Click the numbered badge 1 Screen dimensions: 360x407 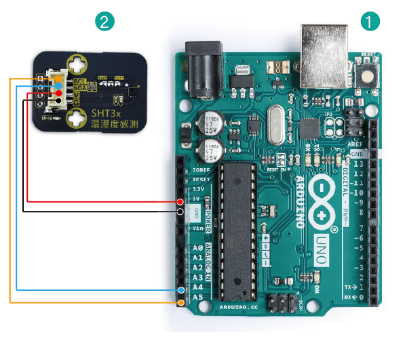coord(370,22)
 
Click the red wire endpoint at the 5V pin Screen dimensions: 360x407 coord(180,202)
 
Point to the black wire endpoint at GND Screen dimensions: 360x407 coord(180,212)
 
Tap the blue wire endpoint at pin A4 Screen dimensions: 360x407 coord(180,289)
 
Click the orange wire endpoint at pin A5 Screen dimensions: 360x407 coord(180,300)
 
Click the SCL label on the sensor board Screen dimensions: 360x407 coord(78,81)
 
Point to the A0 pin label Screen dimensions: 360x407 coord(197,248)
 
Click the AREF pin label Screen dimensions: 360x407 coord(356,144)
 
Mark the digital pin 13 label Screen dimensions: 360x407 coord(358,164)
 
